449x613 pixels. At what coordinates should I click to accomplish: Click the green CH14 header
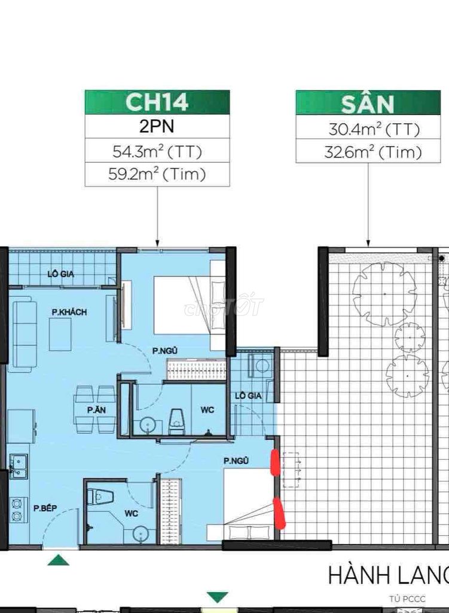pos(157,102)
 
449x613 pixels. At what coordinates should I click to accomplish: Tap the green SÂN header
pos(368,102)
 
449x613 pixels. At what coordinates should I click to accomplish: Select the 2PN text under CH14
pos(157,126)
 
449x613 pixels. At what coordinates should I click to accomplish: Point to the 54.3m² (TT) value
pos(157,151)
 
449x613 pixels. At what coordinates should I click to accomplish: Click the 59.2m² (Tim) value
pos(157,174)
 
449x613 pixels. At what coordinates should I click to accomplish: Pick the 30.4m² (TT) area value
pos(374,129)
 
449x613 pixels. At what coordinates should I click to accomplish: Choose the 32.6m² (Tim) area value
pos(373,151)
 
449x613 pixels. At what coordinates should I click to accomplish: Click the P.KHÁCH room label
pos(69,312)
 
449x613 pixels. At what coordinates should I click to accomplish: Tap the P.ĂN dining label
pos(96,410)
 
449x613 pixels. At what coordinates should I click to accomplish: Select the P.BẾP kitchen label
pos(45,508)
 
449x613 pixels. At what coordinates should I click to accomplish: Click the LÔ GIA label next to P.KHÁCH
pos(61,274)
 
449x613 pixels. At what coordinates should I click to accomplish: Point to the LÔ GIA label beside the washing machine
pos(248,396)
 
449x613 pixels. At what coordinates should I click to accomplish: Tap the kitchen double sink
pos(19,466)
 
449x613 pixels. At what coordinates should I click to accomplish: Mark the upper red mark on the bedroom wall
pos(275,463)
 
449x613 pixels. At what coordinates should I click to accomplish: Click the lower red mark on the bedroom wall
pos(280,512)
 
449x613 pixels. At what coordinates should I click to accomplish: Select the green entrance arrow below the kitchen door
pos(58,560)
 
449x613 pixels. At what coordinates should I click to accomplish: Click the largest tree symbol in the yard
pos(384,294)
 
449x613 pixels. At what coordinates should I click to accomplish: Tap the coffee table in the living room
pos(60,334)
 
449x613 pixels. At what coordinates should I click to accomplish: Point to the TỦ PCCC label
pos(407,599)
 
